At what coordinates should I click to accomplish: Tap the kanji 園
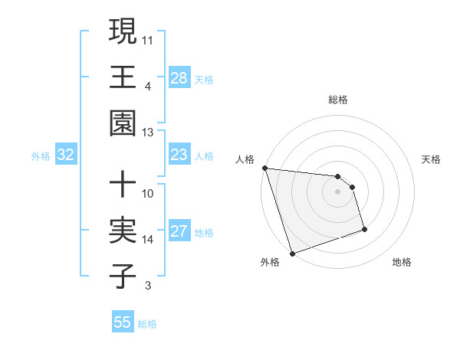click(122, 123)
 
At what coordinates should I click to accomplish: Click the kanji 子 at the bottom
click(122, 277)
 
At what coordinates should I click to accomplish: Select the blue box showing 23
click(179, 155)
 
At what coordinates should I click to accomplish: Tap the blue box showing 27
click(179, 231)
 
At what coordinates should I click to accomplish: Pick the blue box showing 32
click(66, 155)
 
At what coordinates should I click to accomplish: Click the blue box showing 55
click(123, 322)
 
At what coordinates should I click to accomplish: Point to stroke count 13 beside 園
click(148, 133)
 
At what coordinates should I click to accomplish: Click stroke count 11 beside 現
click(148, 38)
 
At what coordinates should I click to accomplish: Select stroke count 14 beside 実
click(148, 240)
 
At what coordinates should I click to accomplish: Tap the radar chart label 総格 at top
click(338, 100)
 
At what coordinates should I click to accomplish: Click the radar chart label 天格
click(431, 159)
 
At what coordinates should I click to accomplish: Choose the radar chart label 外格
click(270, 262)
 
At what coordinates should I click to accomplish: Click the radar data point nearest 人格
click(264, 168)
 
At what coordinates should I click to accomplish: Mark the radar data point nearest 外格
click(292, 253)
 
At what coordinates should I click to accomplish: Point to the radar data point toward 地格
click(364, 229)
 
